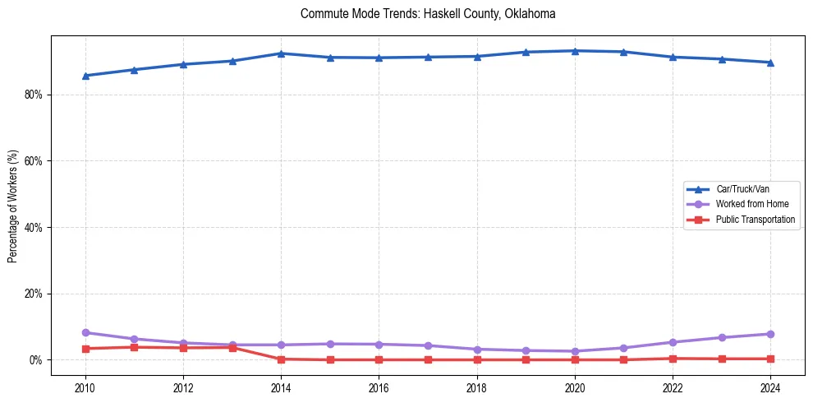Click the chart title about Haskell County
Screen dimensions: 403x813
(x=428, y=14)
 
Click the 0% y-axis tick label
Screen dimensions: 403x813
(x=35, y=360)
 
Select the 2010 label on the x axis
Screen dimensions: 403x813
(x=85, y=387)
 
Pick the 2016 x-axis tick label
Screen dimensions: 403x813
(x=379, y=387)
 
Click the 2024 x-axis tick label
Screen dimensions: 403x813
(x=770, y=387)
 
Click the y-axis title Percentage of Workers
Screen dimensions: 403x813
(x=13, y=206)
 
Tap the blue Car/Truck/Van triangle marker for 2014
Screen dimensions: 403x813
(x=281, y=53)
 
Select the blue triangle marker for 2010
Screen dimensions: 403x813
(x=85, y=76)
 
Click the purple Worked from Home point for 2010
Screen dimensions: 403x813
(x=85, y=332)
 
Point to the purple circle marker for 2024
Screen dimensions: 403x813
(x=770, y=334)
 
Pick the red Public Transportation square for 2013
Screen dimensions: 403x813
(x=232, y=347)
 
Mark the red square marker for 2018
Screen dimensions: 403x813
(x=477, y=359)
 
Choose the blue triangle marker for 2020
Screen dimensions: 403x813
(x=575, y=51)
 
